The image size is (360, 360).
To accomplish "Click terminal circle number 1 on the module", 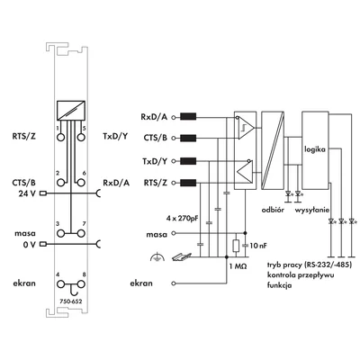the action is point(60,138).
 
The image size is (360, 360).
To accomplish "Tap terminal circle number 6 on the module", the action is point(80,183).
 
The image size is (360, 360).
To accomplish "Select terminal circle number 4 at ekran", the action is point(60,284).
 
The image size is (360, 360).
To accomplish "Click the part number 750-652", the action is point(71,301).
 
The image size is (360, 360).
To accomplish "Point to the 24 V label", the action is point(27,193).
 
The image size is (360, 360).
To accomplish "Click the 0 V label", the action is point(29,245).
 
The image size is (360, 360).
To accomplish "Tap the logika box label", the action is point(315,149).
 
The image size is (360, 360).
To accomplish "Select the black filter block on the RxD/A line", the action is point(188,117).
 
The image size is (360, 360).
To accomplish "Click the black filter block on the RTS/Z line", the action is point(188,183).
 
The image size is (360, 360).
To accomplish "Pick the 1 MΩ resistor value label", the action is point(238,266).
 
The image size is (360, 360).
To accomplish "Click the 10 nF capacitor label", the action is point(258,246).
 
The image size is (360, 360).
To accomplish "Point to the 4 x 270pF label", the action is point(183,219).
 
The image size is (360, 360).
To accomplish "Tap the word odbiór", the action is point(273,210).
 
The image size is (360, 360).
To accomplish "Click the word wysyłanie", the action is point(312,210).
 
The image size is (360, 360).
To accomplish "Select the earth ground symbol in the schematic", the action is point(157,257).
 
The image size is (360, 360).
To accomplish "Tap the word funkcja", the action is point(280,285).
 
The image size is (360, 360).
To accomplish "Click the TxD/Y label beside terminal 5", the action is point(115,137).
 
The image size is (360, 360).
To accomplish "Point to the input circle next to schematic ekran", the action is point(173,283).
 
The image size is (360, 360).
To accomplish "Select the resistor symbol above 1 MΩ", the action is point(236,246).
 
